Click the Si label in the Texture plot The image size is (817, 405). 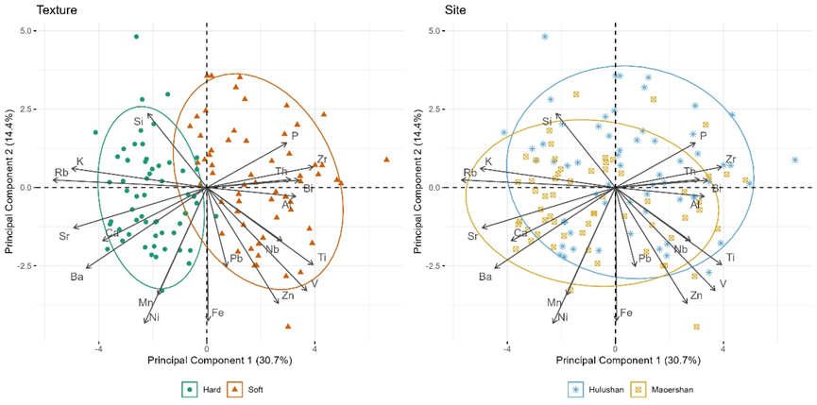138,121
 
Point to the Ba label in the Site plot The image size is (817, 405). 485,277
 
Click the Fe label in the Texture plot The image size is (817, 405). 217,312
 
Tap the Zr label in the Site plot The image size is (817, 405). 730,160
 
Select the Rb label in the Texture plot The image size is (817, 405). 61,173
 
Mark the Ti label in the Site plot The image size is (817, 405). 731,258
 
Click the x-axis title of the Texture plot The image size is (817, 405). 205,361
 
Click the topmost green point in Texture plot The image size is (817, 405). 136,37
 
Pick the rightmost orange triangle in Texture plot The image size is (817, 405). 386,160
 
